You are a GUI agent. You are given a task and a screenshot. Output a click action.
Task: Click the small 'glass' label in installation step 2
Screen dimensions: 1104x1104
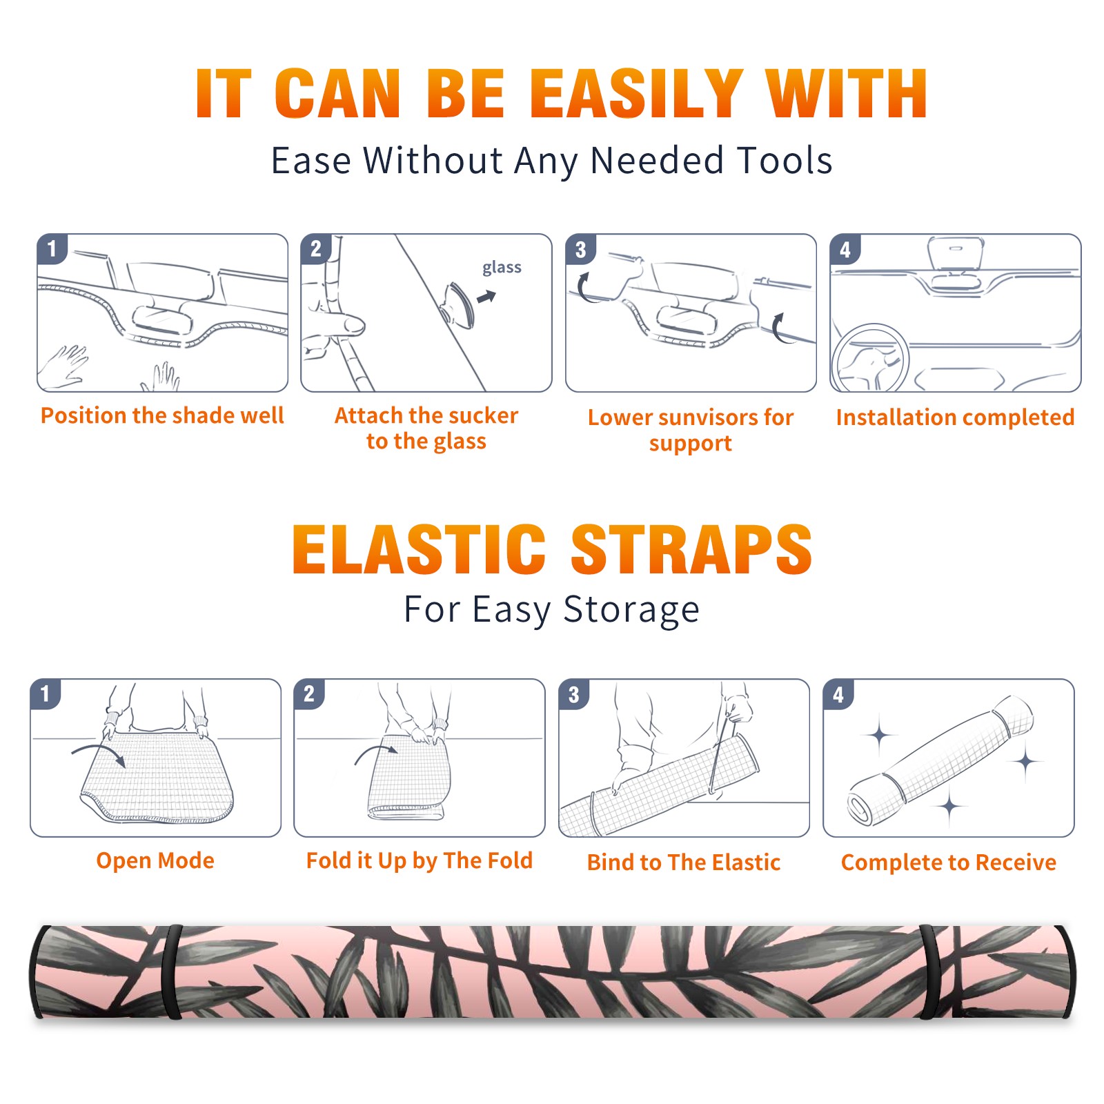[502, 268]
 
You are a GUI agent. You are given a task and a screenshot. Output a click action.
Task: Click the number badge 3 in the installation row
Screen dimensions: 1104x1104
[580, 249]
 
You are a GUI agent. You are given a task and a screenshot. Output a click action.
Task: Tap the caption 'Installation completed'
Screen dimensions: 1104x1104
[955, 417]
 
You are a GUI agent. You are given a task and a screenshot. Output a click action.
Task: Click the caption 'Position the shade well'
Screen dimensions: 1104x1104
[162, 415]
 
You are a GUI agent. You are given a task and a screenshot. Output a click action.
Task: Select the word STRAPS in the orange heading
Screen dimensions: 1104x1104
[691, 549]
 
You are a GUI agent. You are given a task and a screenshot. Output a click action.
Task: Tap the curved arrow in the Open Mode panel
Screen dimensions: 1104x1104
[99, 753]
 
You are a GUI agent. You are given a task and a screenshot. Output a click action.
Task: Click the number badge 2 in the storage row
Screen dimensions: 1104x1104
[309, 693]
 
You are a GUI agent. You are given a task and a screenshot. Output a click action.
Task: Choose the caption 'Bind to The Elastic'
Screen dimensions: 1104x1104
[684, 862]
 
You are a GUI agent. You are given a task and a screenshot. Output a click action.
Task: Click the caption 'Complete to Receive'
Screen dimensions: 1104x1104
[949, 862]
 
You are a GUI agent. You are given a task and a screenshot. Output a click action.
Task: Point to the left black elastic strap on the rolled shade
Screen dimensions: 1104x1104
[172, 972]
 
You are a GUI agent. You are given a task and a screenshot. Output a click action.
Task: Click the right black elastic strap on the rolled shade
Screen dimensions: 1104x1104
[930, 972]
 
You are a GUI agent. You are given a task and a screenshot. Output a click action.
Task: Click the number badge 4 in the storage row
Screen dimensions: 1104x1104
[838, 694]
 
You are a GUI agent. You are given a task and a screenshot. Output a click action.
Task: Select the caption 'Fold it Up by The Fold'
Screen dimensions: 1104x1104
[420, 861]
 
